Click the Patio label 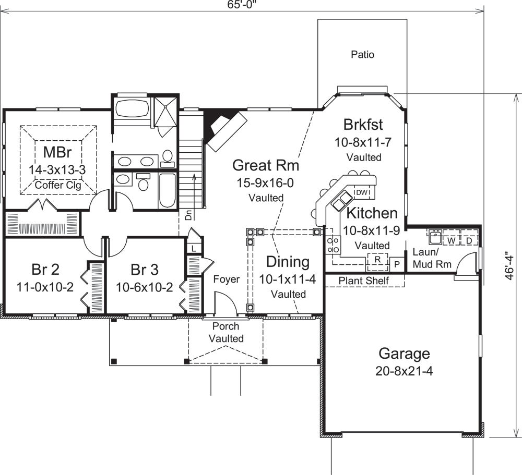[x=362, y=54]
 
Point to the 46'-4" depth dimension [x=515, y=266]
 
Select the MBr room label [x=57, y=153]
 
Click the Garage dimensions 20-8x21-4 [x=404, y=371]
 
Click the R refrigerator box [x=376, y=259]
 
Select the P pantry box [x=397, y=264]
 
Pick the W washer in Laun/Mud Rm [x=449, y=241]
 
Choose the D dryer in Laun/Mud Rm [x=468, y=241]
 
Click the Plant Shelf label [x=364, y=281]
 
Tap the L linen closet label [x=194, y=248]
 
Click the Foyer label [x=227, y=279]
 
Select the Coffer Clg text [x=57, y=185]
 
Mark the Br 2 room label [x=45, y=270]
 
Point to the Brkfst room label [x=363, y=125]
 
